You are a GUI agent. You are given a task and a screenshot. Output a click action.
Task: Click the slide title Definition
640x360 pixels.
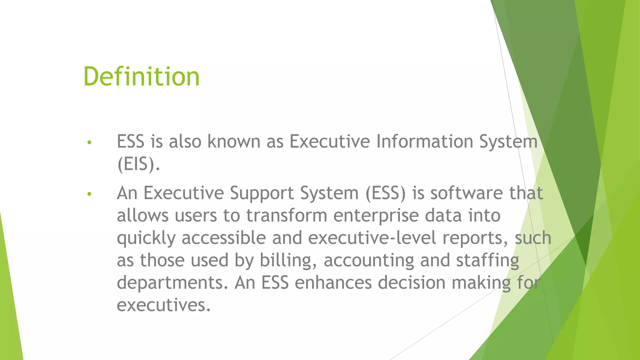(x=141, y=77)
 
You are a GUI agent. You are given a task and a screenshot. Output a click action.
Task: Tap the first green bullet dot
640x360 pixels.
(x=89, y=142)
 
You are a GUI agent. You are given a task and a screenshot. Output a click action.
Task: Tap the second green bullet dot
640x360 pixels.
(x=89, y=194)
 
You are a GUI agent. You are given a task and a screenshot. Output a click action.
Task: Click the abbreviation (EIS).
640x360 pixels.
(x=138, y=164)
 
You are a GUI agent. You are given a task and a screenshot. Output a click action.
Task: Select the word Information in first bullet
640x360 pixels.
(x=425, y=141)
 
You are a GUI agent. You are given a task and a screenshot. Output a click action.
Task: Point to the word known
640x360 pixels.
(x=234, y=141)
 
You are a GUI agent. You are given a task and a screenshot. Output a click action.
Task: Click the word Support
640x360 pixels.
(x=262, y=193)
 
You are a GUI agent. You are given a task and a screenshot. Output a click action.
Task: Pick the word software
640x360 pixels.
(x=467, y=193)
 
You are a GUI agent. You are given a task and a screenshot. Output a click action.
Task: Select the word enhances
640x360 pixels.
(x=333, y=282)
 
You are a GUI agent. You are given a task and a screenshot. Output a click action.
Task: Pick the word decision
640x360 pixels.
(x=412, y=282)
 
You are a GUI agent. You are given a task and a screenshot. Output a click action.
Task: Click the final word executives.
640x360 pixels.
(x=163, y=305)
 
